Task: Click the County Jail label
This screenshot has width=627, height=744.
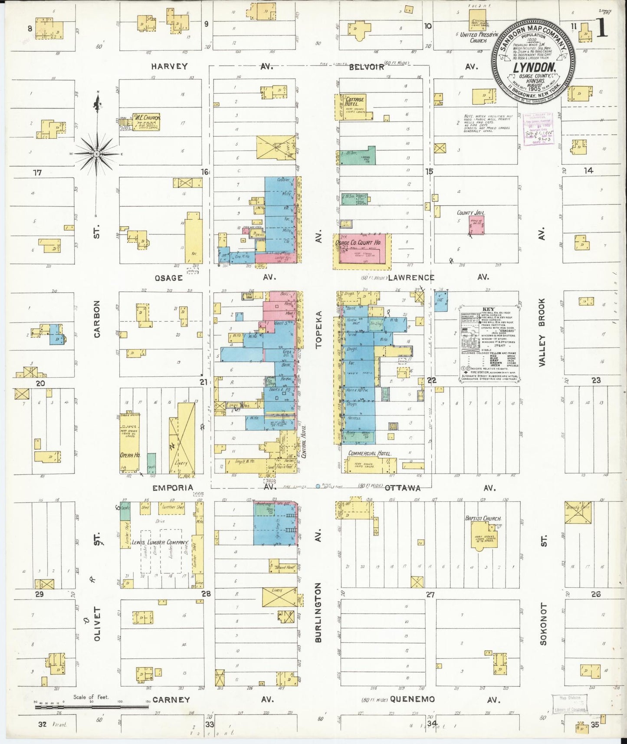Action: (x=470, y=213)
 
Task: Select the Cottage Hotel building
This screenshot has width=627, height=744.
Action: (x=351, y=106)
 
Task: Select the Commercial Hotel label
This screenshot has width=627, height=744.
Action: (x=369, y=453)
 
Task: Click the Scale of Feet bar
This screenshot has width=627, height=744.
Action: (x=92, y=707)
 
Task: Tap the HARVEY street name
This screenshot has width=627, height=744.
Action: (x=169, y=66)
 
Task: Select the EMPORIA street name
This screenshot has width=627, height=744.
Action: (x=172, y=487)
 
